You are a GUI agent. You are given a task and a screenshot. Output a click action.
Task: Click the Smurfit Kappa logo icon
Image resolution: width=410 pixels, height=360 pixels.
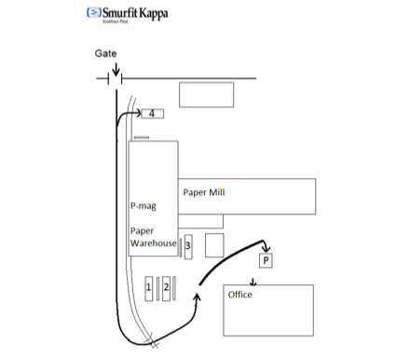pyautogui.click(x=93, y=13)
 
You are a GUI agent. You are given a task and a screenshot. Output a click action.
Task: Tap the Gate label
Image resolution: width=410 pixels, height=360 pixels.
pyautogui.click(x=105, y=54)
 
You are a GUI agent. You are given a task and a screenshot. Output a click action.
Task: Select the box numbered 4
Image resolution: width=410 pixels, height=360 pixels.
pyautogui.click(x=152, y=114)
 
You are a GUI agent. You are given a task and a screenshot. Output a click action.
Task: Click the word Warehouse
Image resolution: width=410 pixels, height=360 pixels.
pyautogui.click(x=154, y=243)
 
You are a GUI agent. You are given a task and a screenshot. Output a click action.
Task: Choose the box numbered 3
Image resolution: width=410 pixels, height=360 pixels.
pyautogui.click(x=187, y=246)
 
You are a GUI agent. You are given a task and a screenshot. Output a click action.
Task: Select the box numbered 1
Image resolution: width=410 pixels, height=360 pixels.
pyautogui.click(x=149, y=288)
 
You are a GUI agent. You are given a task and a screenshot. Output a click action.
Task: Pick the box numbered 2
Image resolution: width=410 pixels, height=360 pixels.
pyautogui.click(x=166, y=288)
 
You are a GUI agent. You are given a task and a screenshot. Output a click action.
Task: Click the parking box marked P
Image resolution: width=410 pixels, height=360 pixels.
pyautogui.click(x=266, y=261)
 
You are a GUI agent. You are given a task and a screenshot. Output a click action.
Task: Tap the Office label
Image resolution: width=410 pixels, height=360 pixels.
pyautogui.click(x=240, y=296)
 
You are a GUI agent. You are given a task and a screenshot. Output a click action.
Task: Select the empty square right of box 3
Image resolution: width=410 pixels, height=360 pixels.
pyautogui.click(x=214, y=245)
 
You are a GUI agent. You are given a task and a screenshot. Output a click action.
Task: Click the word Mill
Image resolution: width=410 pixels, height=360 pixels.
pyautogui.click(x=218, y=193)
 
